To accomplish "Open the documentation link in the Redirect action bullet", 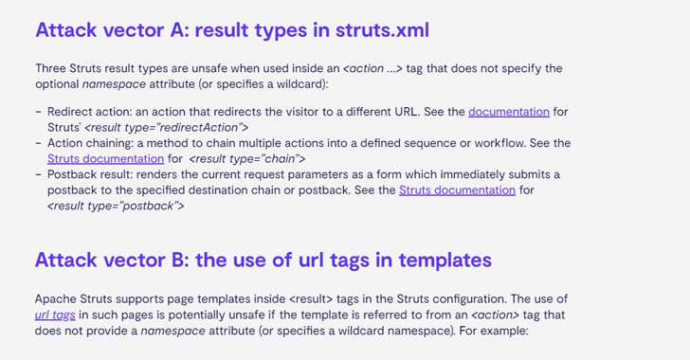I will click(x=509, y=111).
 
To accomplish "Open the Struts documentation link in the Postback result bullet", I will click(x=457, y=189).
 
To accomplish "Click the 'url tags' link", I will click(x=55, y=314).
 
